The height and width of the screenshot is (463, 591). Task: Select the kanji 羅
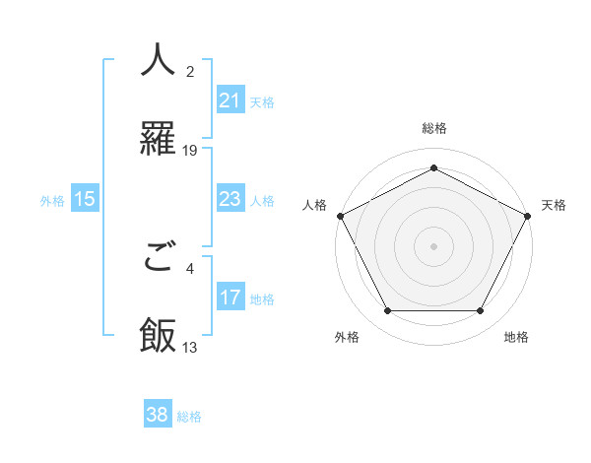click(x=158, y=140)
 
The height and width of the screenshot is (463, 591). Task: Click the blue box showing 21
click(x=230, y=100)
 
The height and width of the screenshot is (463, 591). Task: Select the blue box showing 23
click(x=230, y=199)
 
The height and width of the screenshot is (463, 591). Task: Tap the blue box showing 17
click(x=230, y=298)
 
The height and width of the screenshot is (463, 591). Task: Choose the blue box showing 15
click(x=85, y=199)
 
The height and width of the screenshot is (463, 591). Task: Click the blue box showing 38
click(x=158, y=415)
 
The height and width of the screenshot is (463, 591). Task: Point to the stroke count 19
click(x=190, y=150)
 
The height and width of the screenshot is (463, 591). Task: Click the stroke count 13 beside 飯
click(x=190, y=347)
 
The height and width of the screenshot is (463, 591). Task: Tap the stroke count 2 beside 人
click(x=190, y=71)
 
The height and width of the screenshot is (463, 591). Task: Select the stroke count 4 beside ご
click(x=190, y=268)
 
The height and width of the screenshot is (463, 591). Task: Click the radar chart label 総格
click(x=433, y=128)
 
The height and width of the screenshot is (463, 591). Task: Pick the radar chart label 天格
click(x=554, y=205)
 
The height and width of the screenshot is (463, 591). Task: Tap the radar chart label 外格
click(x=347, y=337)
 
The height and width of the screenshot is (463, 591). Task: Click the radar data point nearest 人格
click(x=340, y=215)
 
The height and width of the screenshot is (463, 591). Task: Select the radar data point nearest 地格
click(x=481, y=311)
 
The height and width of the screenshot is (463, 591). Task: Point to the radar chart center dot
click(x=433, y=245)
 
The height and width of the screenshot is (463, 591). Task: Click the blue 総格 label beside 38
click(x=189, y=417)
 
